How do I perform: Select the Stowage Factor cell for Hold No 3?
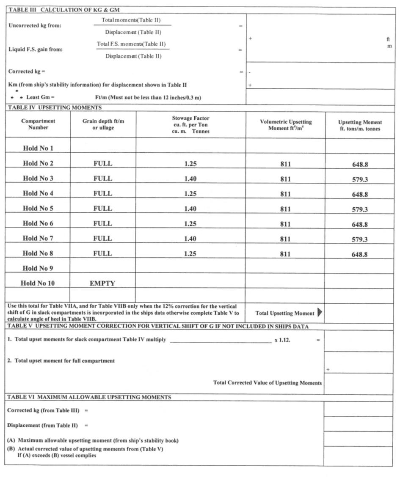(x=190, y=179)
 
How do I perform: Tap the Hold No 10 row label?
(x=38, y=283)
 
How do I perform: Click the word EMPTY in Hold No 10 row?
(x=102, y=283)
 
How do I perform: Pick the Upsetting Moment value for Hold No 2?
(x=360, y=165)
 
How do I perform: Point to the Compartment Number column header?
(x=38, y=124)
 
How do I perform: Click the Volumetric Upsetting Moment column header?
(x=286, y=125)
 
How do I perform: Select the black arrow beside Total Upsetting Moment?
(x=320, y=313)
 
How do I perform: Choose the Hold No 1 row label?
(x=38, y=148)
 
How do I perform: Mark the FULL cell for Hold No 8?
(x=103, y=253)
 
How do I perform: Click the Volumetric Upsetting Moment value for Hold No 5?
(x=285, y=209)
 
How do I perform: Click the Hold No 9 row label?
(x=38, y=268)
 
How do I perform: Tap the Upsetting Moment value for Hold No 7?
(x=360, y=240)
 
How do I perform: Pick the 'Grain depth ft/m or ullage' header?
(x=103, y=124)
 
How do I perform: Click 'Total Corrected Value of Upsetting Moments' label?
(x=268, y=383)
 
